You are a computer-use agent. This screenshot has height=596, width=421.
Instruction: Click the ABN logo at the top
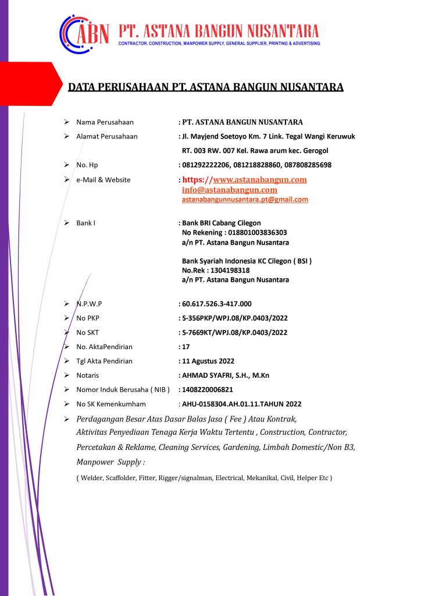tap(84, 32)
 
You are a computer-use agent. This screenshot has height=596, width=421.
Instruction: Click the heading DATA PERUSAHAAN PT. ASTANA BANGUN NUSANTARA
tap(206, 87)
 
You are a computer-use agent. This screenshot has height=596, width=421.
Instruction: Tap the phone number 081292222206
tap(204, 165)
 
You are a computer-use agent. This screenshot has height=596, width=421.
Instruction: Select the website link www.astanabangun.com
tap(260, 180)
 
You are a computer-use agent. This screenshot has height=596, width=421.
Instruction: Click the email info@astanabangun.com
tap(230, 190)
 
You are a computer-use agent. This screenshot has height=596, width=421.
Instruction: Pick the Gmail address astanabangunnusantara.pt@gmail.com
tap(245, 200)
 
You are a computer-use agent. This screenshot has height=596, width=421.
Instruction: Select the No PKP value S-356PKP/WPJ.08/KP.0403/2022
tap(235, 318)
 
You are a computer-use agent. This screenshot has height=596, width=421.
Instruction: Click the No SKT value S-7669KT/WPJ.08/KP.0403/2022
tap(235, 333)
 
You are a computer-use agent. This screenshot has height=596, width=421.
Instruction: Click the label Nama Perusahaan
tap(105, 122)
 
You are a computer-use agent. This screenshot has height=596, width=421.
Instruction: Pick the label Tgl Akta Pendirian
tap(104, 361)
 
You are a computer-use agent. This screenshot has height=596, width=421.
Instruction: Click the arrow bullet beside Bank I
tap(67, 223)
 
